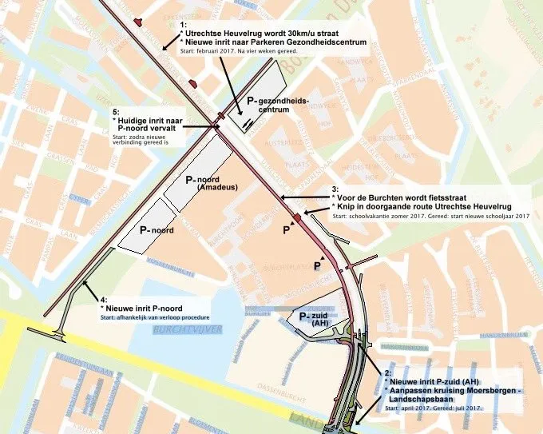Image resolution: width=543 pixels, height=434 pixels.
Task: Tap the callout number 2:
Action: (387, 373)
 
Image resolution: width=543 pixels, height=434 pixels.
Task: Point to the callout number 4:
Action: (104, 299)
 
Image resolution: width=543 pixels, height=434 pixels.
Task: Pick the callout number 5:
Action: (116, 111)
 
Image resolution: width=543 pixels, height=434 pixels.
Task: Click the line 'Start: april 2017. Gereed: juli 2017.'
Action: (434, 408)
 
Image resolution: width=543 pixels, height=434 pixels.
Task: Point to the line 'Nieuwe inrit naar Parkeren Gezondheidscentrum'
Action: (273, 42)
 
